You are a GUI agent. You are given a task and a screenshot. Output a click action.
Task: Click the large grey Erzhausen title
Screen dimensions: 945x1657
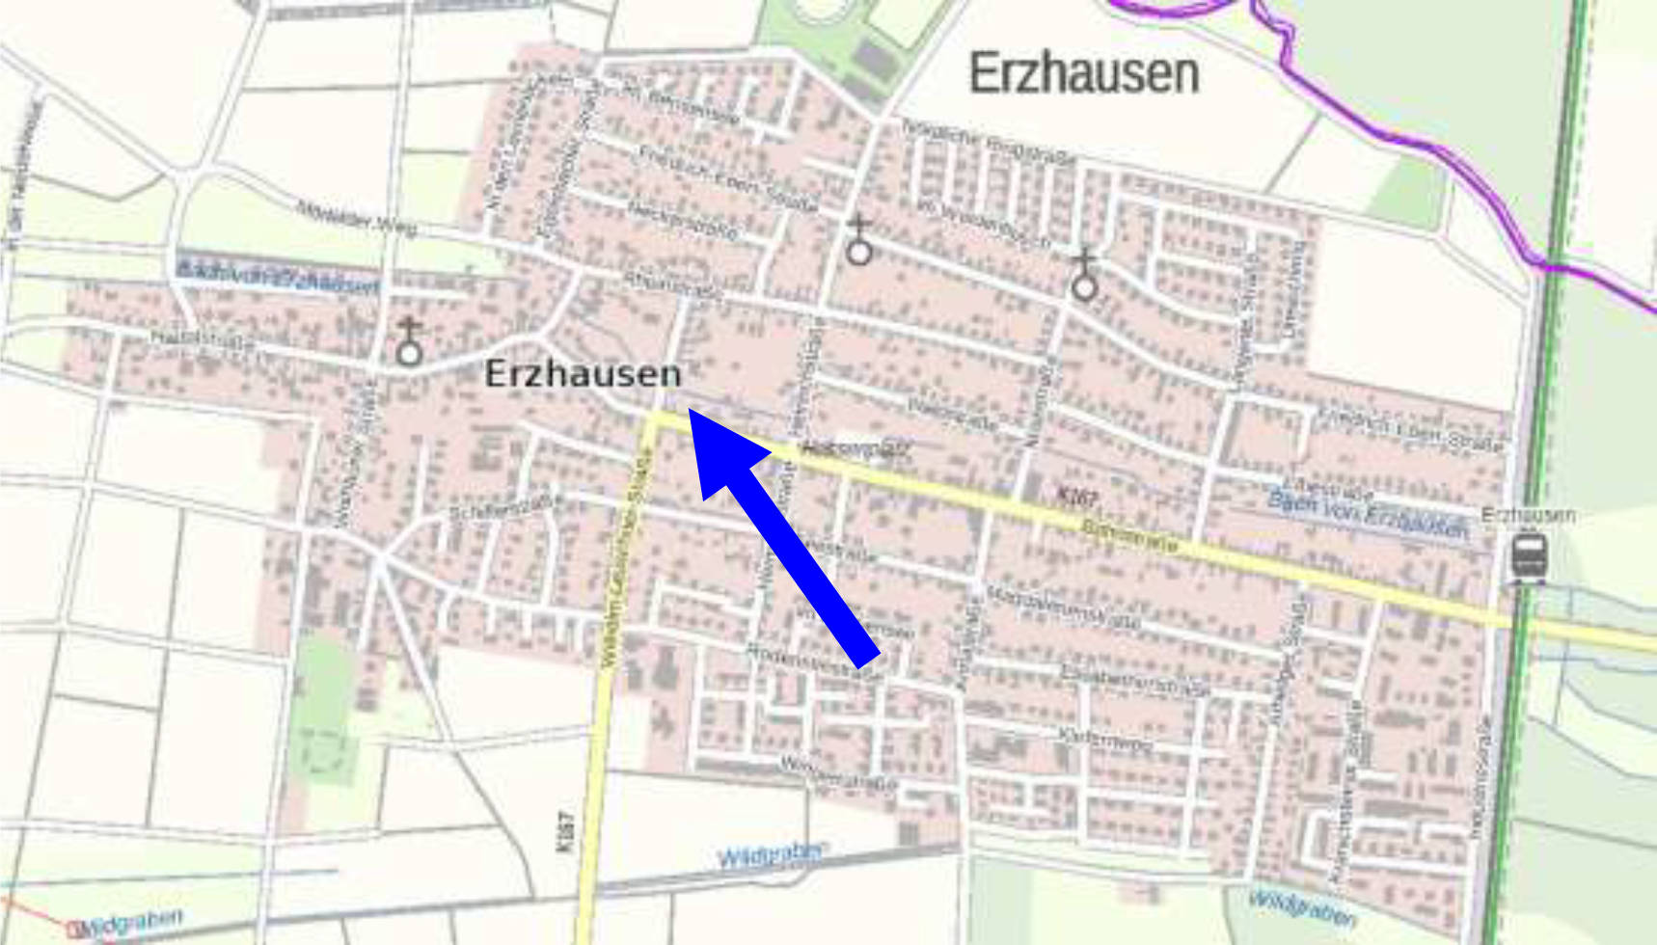[1083, 73]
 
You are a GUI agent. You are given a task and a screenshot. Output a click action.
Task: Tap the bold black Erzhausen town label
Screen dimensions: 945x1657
[583, 374]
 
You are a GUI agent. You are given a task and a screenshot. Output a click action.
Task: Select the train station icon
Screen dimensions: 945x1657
[1529, 556]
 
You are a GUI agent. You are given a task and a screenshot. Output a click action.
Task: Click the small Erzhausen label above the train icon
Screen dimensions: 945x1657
[1528, 515]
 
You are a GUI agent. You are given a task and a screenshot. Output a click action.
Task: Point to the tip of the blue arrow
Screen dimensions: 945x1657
[691, 411]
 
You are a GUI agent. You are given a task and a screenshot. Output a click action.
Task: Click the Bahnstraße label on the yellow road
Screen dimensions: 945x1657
[1129, 535]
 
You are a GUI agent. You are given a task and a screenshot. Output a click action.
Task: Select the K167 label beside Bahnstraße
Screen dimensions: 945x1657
[1076, 498]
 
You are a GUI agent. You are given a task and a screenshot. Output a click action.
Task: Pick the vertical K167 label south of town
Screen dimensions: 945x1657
[565, 831]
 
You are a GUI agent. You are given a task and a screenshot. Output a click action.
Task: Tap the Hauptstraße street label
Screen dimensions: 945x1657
[203, 339]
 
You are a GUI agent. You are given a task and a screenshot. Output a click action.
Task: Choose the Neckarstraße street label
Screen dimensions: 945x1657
[683, 220]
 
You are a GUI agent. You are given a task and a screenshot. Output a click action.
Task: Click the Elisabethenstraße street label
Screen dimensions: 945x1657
[1134, 681]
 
